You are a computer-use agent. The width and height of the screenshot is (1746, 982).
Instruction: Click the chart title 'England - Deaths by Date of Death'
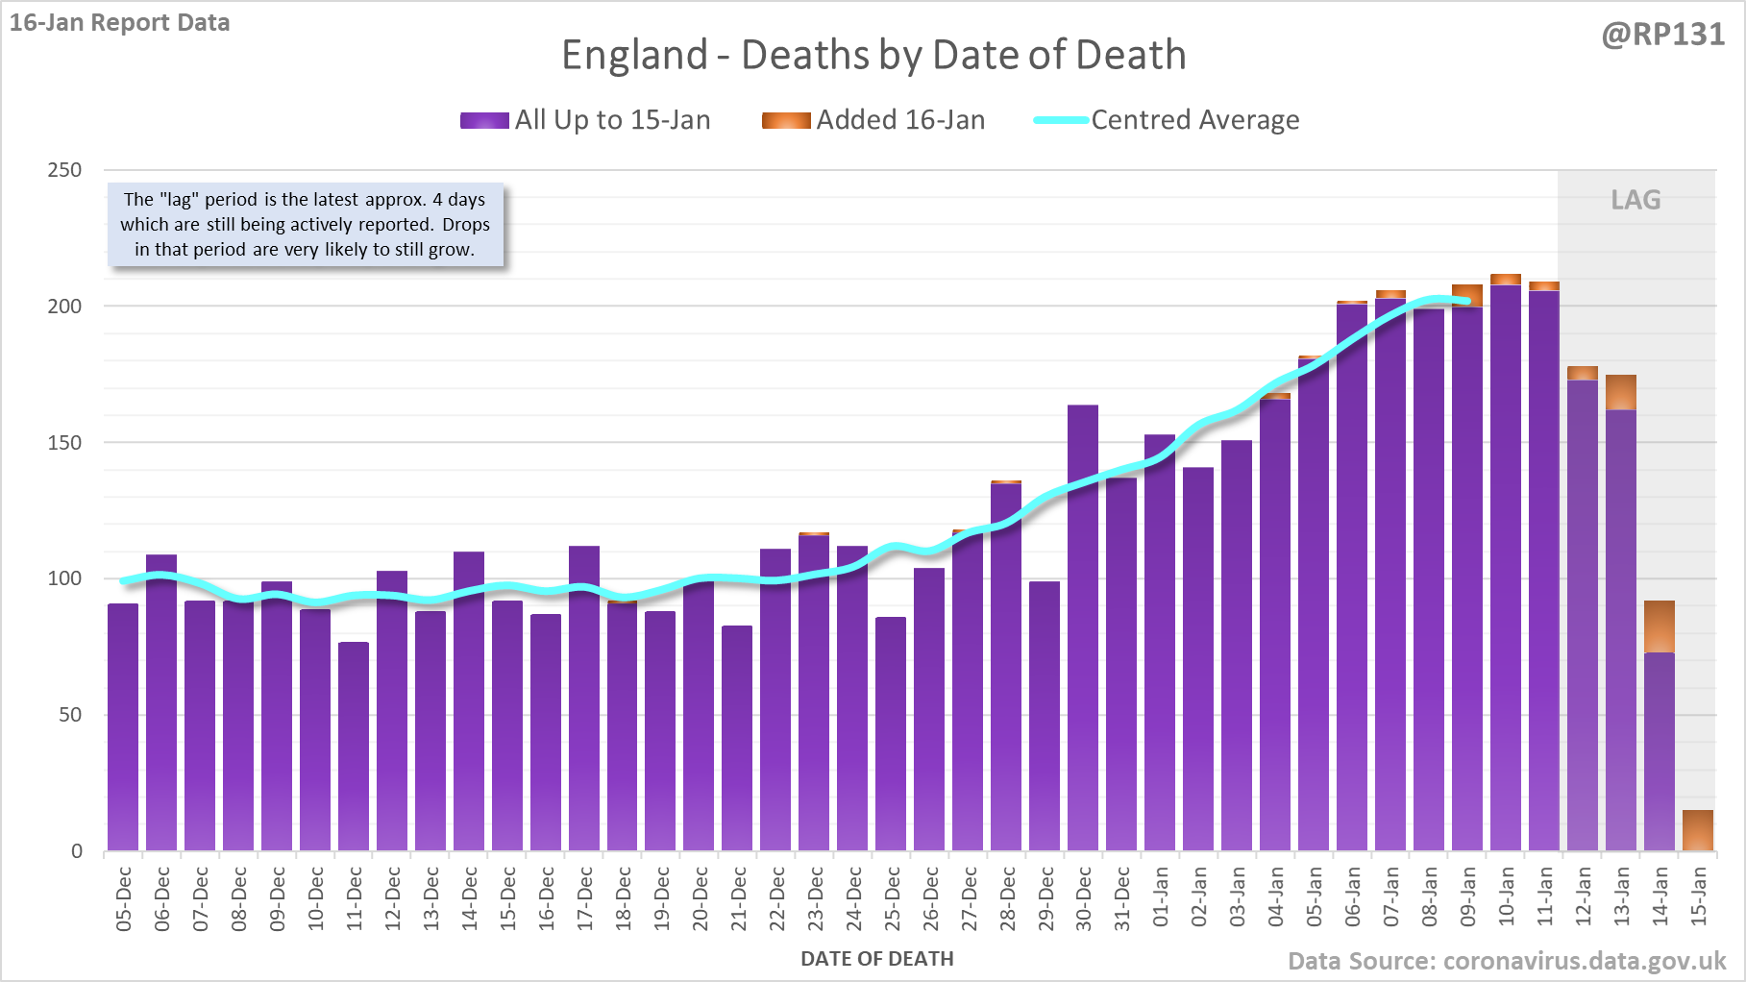(873, 56)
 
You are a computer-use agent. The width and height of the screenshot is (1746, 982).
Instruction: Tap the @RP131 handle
(1662, 35)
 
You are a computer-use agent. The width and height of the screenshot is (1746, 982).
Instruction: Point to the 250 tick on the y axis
(65, 170)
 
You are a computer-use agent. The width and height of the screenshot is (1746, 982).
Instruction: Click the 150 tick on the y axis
(65, 443)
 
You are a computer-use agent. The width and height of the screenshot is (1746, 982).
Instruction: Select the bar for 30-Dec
(1083, 625)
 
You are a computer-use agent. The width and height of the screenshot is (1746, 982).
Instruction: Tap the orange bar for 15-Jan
(1698, 830)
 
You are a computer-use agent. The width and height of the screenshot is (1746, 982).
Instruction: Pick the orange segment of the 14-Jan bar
(1660, 626)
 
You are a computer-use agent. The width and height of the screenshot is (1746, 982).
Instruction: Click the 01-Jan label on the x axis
(1161, 896)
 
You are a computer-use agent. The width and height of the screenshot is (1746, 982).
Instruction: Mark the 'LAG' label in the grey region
(1635, 200)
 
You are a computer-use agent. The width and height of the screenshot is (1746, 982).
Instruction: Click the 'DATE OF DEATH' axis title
(876, 959)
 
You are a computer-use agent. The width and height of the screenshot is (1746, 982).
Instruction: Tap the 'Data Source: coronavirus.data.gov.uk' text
(1506, 961)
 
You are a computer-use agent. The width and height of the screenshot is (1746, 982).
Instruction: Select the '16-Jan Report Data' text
(120, 23)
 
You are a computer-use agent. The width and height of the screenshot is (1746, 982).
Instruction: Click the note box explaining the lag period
(305, 225)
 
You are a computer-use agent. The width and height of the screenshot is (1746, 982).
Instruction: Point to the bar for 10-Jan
(1506, 567)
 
